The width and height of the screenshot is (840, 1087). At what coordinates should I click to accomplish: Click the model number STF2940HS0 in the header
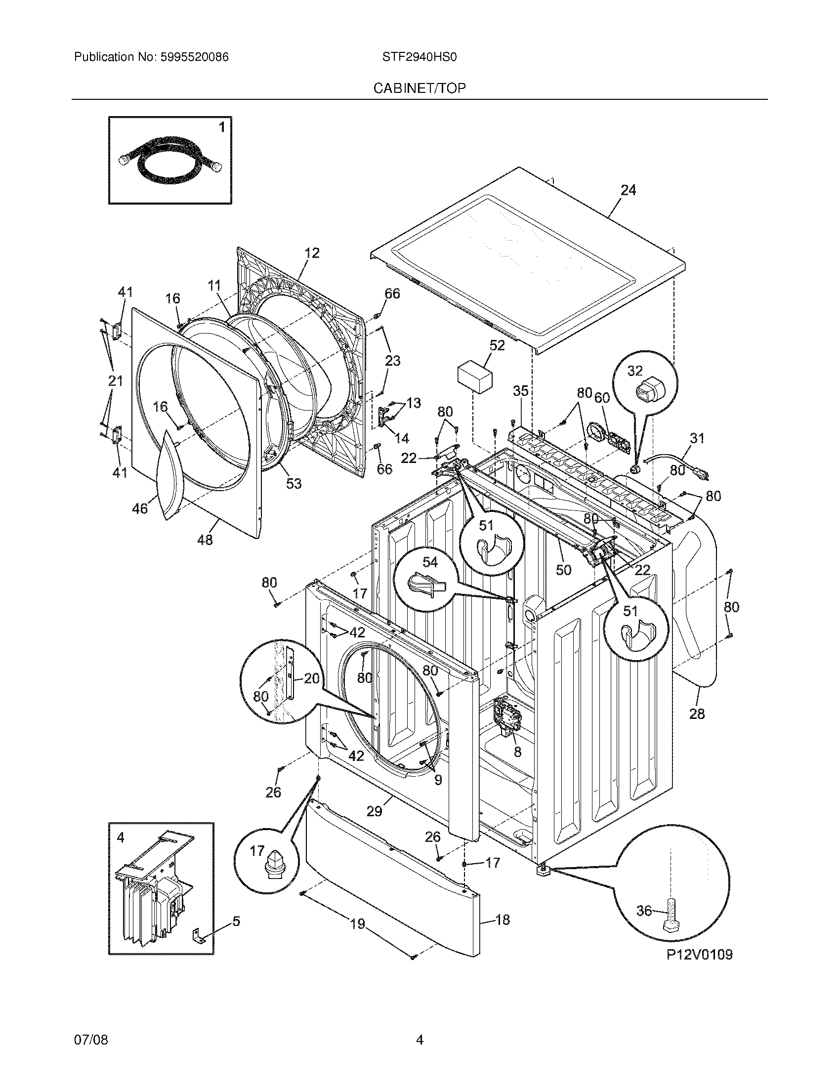coord(419,57)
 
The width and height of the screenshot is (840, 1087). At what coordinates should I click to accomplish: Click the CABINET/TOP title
coord(420,88)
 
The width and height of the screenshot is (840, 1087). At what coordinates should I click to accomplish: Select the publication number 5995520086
coord(194,57)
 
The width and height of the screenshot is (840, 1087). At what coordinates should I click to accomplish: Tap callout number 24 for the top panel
coord(628,190)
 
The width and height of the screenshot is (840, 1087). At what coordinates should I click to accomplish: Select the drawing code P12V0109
coord(699,955)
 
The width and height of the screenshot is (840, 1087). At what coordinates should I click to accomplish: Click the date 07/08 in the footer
coord(90,1040)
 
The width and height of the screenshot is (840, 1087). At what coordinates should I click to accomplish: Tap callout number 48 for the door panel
coord(205,540)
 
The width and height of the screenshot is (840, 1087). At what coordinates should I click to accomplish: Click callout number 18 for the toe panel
coord(503,920)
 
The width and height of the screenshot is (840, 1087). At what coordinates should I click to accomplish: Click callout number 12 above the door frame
coord(312,253)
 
